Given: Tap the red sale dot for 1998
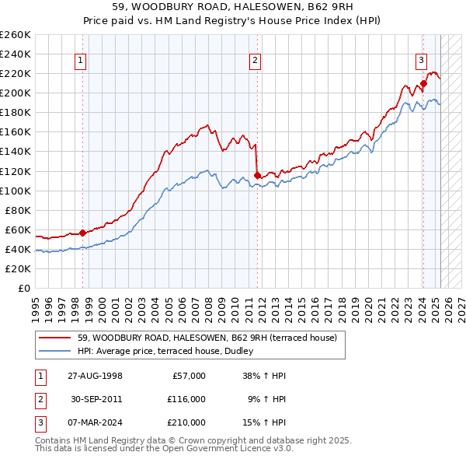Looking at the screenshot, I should (83, 232).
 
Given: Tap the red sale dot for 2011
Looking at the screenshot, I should (257, 175).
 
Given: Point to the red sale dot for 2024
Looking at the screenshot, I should (423, 83).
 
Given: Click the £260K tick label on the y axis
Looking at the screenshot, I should (16, 35).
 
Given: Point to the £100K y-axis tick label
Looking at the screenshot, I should (16, 191).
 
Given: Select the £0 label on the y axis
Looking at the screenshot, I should (23, 288).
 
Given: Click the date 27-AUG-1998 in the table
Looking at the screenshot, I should (95, 376).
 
